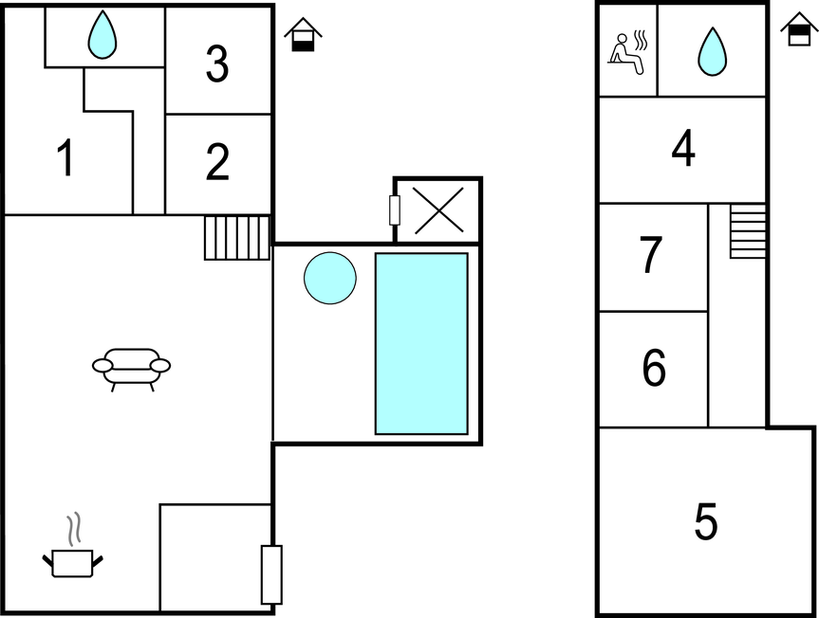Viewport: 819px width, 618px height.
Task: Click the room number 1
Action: pyautogui.click(x=65, y=157)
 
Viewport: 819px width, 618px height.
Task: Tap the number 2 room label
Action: pyautogui.click(x=217, y=162)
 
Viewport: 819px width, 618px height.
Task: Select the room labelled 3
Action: pyautogui.click(x=217, y=64)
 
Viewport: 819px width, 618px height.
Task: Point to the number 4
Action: pyautogui.click(x=683, y=148)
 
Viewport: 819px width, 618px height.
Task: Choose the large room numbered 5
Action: pyautogui.click(x=706, y=520)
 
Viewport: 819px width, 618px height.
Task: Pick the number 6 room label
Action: pyautogui.click(x=654, y=368)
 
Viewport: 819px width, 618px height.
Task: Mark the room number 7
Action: pyautogui.click(x=651, y=254)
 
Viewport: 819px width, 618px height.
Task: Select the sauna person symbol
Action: pyautogui.click(x=628, y=53)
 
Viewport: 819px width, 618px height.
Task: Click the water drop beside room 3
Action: pyautogui.click(x=102, y=34)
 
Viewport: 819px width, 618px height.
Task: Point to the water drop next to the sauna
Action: pyautogui.click(x=712, y=51)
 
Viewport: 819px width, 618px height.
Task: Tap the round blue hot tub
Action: pyautogui.click(x=330, y=278)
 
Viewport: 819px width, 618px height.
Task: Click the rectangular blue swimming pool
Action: pyautogui.click(x=421, y=344)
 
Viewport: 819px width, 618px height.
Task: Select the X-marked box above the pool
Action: pyautogui.click(x=438, y=210)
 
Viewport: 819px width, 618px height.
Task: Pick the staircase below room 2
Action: pyautogui.click(x=237, y=238)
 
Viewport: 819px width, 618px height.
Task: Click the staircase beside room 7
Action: pyautogui.click(x=748, y=231)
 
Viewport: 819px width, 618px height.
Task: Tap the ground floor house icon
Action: pyautogui.click(x=303, y=34)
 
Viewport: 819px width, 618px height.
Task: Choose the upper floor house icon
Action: pyautogui.click(x=799, y=28)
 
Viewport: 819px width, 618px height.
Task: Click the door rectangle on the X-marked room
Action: pyautogui.click(x=395, y=210)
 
